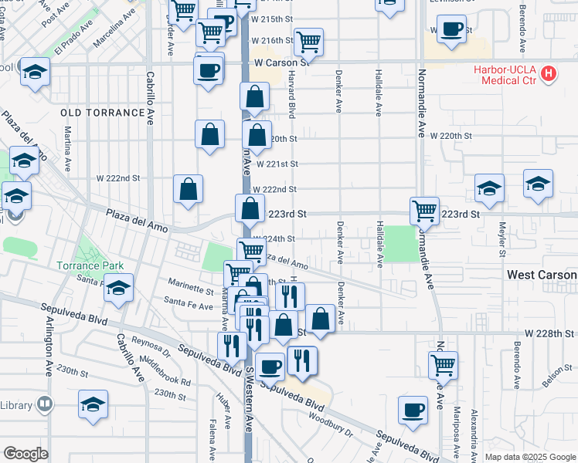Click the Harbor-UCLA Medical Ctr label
(507, 74)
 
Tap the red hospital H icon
(549, 74)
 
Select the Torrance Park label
(90, 265)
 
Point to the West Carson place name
(542, 275)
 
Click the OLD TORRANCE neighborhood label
(102, 113)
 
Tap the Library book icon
(46, 404)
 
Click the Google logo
(25, 454)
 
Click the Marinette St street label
(191, 291)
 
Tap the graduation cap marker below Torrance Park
(117, 289)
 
